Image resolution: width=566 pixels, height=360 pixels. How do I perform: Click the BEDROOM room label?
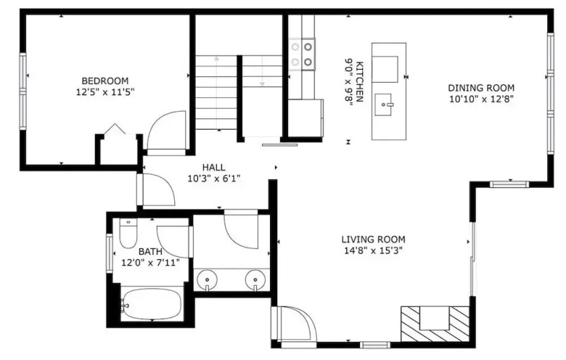pyautogui.click(x=105, y=81)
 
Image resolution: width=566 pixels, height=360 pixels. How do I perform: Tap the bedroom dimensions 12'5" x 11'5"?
pyautogui.click(x=105, y=92)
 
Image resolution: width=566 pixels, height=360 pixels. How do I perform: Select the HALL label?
pyautogui.click(x=214, y=167)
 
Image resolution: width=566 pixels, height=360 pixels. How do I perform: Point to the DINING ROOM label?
pyautogui.click(x=481, y=88)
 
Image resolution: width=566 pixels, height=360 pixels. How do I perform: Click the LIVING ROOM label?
pyautogui.click(x=373, y=239)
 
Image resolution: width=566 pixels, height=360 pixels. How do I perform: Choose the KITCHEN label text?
pyautogui.click(x=359, y=81)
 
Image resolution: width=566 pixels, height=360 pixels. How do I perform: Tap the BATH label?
pyautogui.click(x=151, y=251)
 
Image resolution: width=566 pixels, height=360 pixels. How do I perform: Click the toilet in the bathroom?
pyautogui.click(x=128, y=233)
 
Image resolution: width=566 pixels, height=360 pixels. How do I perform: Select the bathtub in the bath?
pyautogui.click(x=151, y=304)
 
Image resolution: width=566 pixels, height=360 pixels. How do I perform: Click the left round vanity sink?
pyautogui.click(x=207, y=279)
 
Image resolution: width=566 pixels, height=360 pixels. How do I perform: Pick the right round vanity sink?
pyautogui.click(x=255, y=279)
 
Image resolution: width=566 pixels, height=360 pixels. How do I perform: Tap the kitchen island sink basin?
pyautogui.click(x=383, y=104)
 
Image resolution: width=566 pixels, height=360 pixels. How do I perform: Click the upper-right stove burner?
pyautogui.click(x=308, y=47)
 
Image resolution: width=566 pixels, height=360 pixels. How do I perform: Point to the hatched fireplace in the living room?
pyautogui.click(x=436, y=324)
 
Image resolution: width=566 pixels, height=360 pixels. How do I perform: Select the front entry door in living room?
pyautogui.click(x=295, y=324)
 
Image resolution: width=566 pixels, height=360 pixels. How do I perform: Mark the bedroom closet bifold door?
pyautogui.click(x=114, y=129)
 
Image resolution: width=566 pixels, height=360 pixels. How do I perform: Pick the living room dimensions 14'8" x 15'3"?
pyautogui.click(x=373, y=251)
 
